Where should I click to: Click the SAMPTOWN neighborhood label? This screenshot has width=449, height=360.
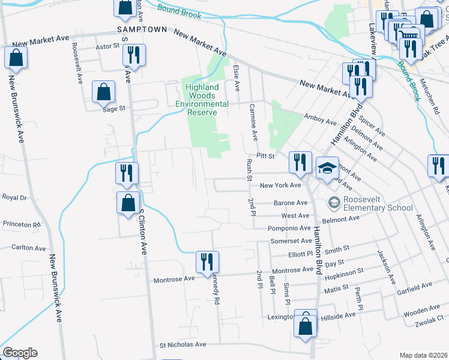[x=141, y=29]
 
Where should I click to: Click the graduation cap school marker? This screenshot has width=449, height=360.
[x=328, y=170]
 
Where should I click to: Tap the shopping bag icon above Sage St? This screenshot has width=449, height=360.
[x=104, y=92]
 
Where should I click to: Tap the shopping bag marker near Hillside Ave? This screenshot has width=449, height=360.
[x=306, y=327]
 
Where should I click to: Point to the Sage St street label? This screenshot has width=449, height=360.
[x=113, y=109]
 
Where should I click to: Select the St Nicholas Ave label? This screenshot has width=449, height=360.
[x=182, y=345]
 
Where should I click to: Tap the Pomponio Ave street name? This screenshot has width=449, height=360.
[x=289, y=229]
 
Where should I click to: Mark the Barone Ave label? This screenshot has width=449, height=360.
[x=291, y=203]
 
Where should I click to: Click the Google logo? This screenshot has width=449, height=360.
[x=20, y=353]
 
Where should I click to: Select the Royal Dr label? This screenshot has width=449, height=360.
[x=15, y=197]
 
